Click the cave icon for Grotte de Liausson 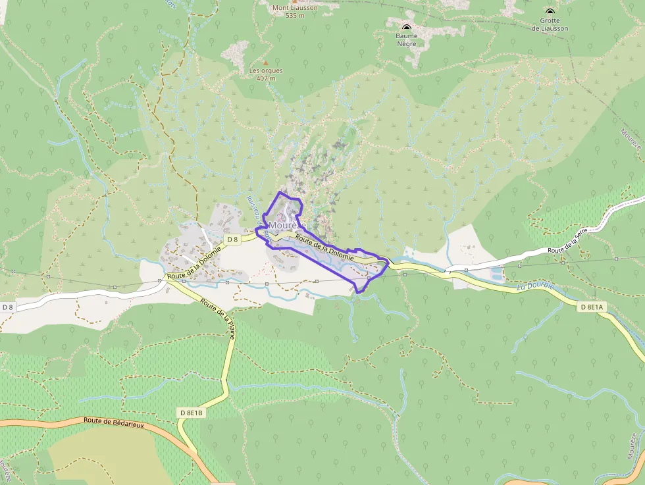(550, 11)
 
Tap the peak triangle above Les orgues (266, 63)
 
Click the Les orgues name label (263, 70)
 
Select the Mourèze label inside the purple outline (288, 226)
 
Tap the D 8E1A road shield (592, 307)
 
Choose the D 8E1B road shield (192, 413)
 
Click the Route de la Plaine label (218, 320)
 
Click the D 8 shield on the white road (8, 307)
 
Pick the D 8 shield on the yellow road (232, 240)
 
